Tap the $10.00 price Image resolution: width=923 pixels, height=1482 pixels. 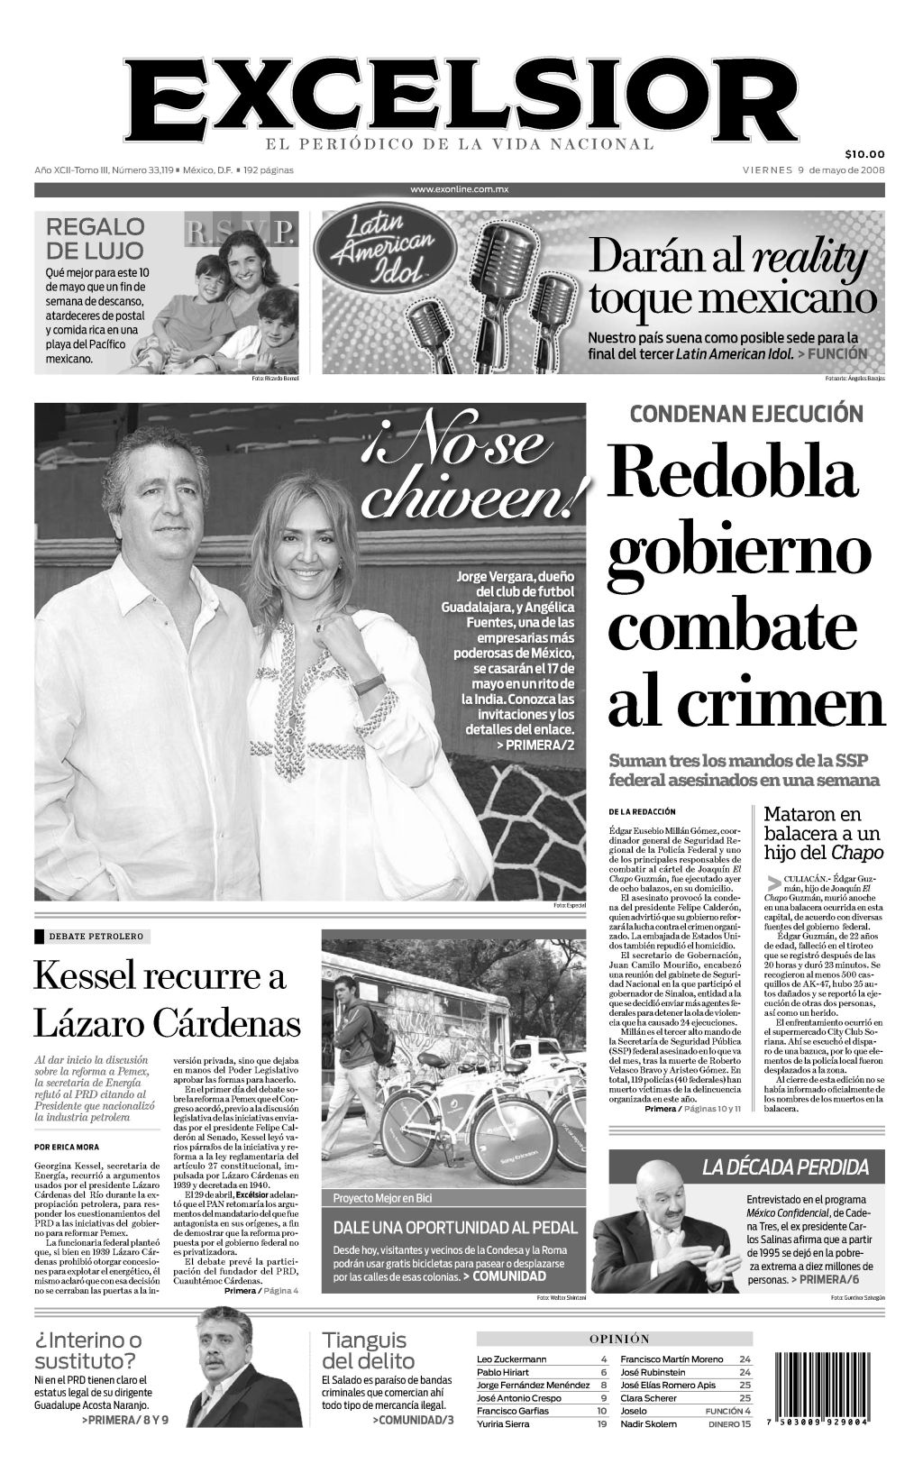coord(864,153)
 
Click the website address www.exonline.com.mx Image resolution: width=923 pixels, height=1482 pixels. coord(460,189)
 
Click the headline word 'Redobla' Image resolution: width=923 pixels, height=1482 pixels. coord(731,470)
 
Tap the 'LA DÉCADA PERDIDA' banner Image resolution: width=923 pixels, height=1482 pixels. coord(785,1167)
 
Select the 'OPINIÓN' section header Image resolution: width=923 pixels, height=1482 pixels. coord(619,1339)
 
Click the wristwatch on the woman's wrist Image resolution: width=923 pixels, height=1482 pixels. coord(369,683)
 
